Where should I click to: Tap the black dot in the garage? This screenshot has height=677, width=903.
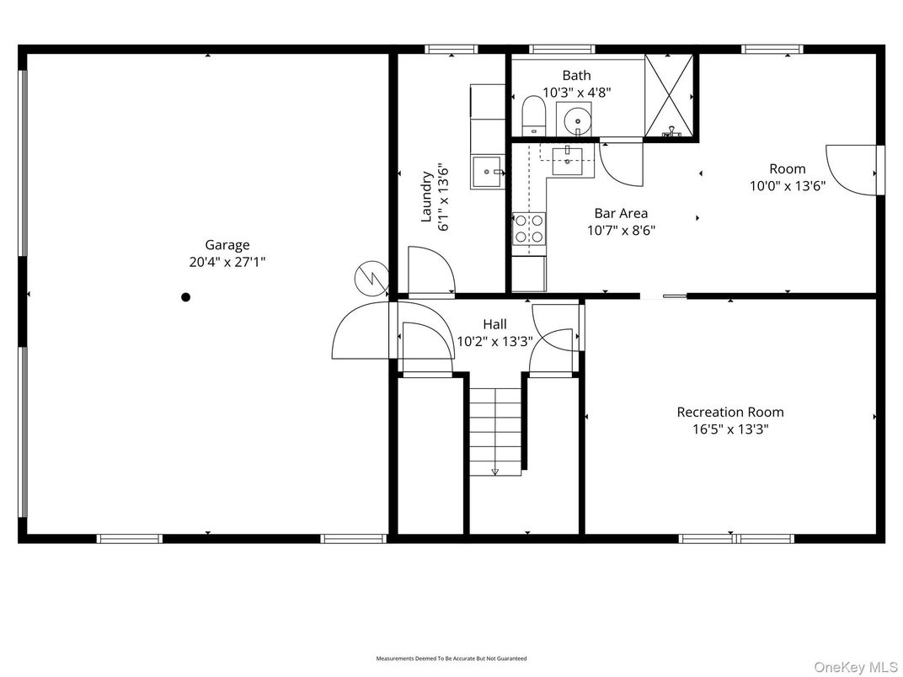[x=186, y=297]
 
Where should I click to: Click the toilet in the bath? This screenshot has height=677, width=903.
[x=533, y=116]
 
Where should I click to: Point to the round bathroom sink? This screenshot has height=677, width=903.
[x=578, y=120]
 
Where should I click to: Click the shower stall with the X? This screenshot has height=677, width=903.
[x=670, y=94]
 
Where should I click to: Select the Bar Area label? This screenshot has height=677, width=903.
[x=621, y=213]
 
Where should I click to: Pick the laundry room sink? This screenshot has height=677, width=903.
[x=489, y=172]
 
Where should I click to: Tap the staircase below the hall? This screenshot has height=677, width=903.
[x=495, y=431]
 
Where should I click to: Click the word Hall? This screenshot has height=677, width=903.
[x=494, y=324]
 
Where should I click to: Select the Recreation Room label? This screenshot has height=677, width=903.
[x=730, y=412]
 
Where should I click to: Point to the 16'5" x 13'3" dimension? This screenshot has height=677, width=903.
[x=730, y=429]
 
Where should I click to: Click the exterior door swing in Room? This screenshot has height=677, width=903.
[x=852, y=171]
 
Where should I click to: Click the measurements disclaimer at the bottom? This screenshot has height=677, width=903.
[x=451, y=658]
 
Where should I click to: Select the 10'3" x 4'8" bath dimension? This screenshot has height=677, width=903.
[x=576, y=93]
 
